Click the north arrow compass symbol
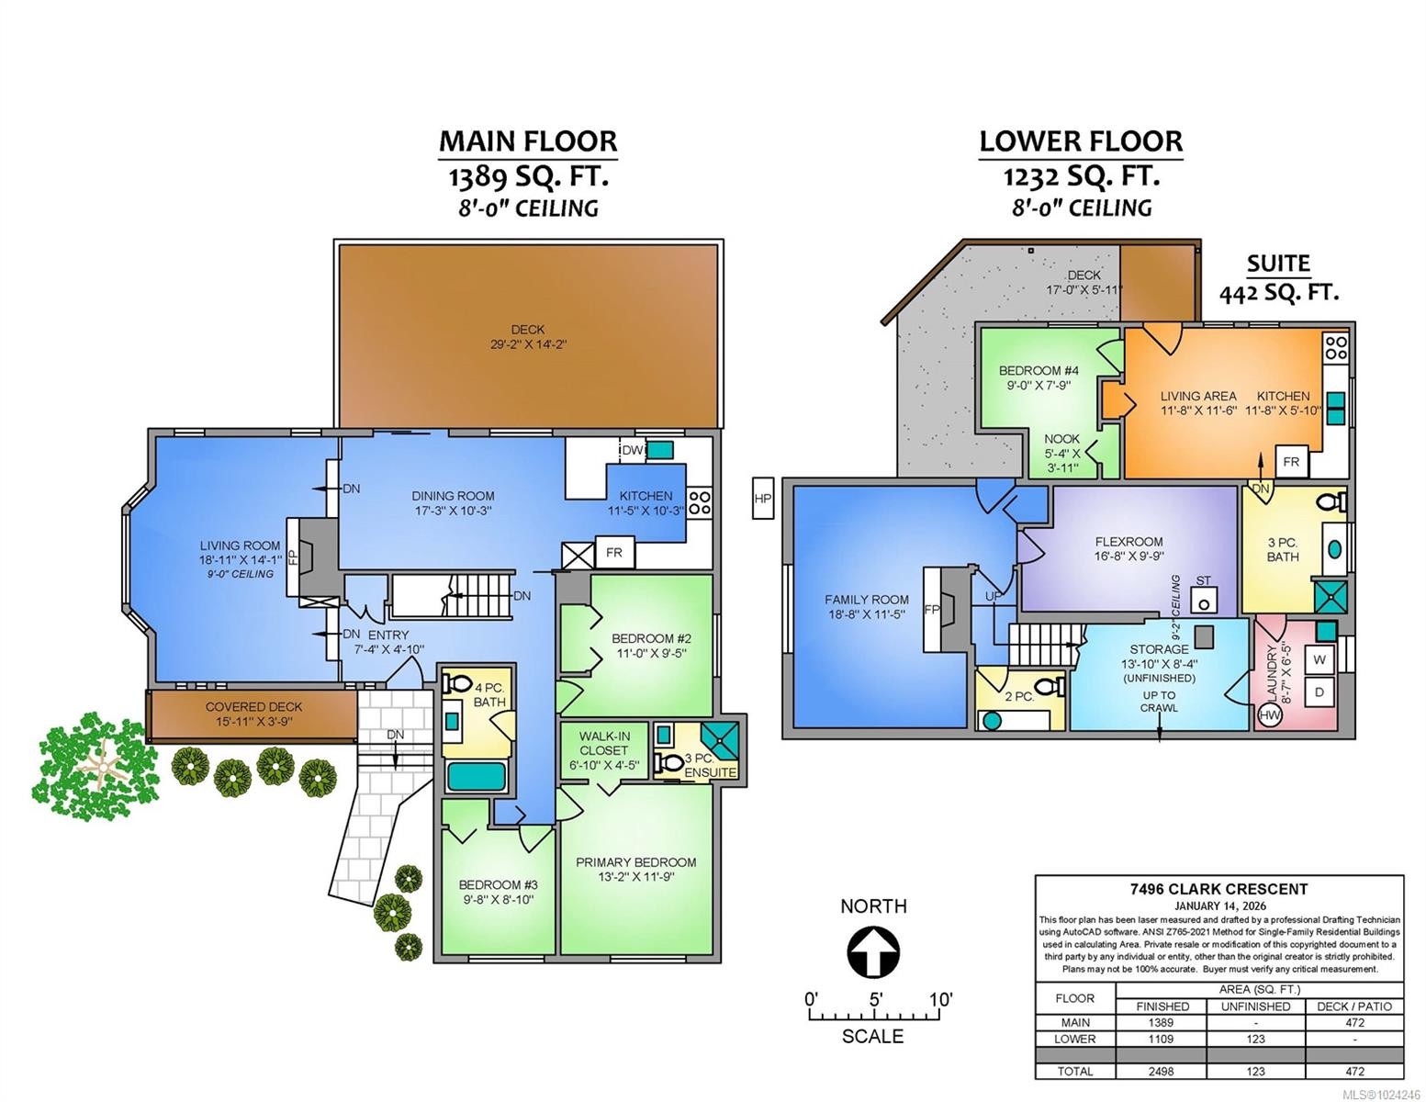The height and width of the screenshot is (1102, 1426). pyautogui.click(x=871, y=952)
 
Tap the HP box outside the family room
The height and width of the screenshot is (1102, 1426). pyautogui.click(x=762, y=499)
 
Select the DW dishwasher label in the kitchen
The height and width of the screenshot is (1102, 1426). pyautogui.click(x=632, y=450)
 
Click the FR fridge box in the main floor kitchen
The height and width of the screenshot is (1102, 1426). pyautogui.click(x=613, y=553)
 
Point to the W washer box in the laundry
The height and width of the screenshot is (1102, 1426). pyautogui.click(x=1319, y=659)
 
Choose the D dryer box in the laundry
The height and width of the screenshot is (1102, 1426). pyautogui.click(x=1319, y=692)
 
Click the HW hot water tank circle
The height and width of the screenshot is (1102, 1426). pyautogui.click(x=1271, y=715)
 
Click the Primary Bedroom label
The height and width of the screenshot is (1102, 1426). pyautogui.click(x=635, y=869)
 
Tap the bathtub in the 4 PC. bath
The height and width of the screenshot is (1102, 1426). pyautogui.click(x=475, y=777)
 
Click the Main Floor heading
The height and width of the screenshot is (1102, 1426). pyautogui.click(x=527, y=141)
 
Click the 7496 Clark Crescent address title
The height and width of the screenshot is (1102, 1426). pyautogui.click(x=1218, y=888)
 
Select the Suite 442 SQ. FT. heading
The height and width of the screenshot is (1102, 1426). pyautogui.click(x=1278, y=277)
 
